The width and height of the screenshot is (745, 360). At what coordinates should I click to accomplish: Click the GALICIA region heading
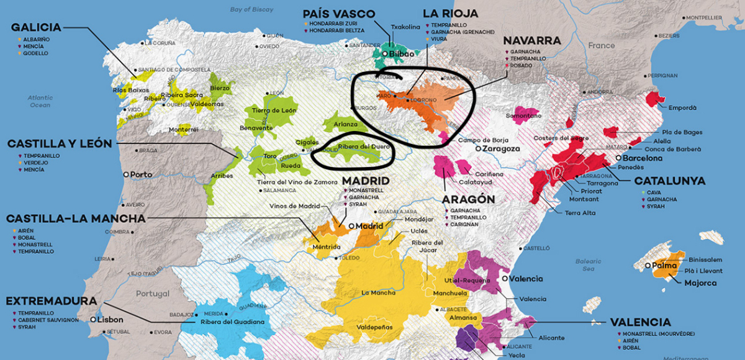pos(36,27)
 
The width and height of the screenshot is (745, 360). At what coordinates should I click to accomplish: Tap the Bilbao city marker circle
pos(385,55)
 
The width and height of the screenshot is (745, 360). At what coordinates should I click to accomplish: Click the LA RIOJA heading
pos(450,13)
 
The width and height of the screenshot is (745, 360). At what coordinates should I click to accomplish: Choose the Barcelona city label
pos(639,158)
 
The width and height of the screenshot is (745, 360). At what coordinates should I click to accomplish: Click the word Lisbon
pos(111,320)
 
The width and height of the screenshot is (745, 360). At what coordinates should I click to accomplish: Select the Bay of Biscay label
pos(251,9)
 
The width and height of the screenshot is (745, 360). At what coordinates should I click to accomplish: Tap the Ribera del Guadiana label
pos(233,322)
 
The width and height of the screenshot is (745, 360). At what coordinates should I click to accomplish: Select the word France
pos(601,45)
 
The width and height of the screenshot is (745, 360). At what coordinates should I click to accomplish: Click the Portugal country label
pos(152,294)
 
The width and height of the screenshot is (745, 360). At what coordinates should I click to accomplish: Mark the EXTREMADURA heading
pos(51,301)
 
